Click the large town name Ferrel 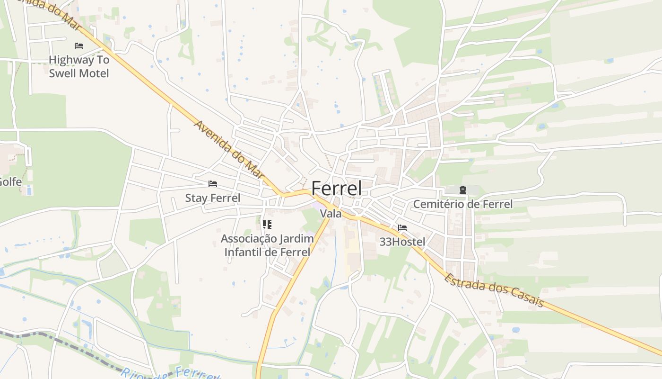point(336,189)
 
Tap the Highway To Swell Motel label point(79,67)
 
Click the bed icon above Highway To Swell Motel point(79,46)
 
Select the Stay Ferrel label point(212,198)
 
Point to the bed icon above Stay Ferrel point(213,184)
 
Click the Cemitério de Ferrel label point(462,204)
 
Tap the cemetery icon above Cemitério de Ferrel point(462,190)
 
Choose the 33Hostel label point(402,242)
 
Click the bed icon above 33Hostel point(402,228)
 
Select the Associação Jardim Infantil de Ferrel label point(267,245)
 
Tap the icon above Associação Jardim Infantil point(267,224)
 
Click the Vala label point(331,214)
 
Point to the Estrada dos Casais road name point(494,290)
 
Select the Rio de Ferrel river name point(170,373)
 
